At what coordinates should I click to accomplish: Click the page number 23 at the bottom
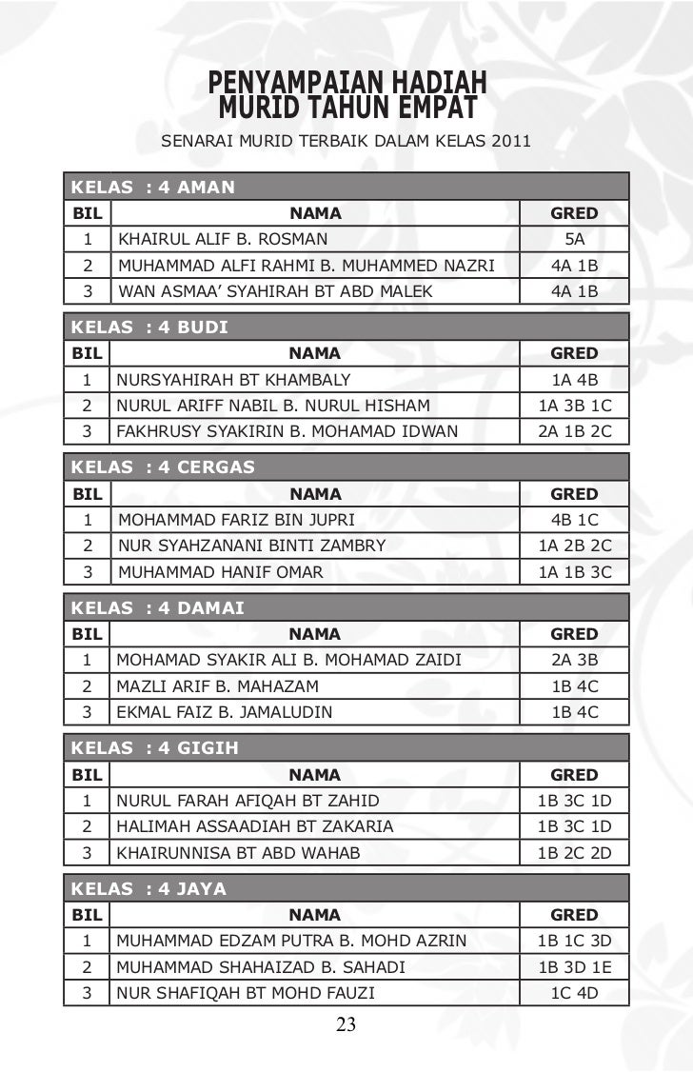coord(346,1024)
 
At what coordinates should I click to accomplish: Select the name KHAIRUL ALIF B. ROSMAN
coord(222,240)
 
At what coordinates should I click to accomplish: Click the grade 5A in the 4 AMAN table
coord(574,240)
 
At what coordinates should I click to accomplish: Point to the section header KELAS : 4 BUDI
coord(150,328)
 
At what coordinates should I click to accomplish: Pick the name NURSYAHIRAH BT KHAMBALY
coord(233,380)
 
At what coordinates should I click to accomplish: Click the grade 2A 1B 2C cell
coord(574,431)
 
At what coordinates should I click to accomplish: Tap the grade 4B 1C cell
coord(574,520)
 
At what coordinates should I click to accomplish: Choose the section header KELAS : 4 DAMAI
coord(158,607)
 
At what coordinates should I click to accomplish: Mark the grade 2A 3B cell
coord(574,660)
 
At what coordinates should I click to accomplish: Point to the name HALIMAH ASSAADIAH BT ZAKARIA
coord(254,826)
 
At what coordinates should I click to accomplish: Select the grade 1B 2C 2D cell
coord(574,852)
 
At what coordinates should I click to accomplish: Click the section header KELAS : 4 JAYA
coord(149,888)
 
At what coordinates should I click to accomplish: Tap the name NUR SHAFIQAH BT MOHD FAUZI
coord(245,993)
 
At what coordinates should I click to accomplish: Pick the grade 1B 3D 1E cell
coord(574,967)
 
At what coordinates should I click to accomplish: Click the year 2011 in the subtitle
coord(511,143)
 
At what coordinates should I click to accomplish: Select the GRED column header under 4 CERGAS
coord(574,494)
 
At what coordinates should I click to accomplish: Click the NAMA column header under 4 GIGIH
coord(315,775)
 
